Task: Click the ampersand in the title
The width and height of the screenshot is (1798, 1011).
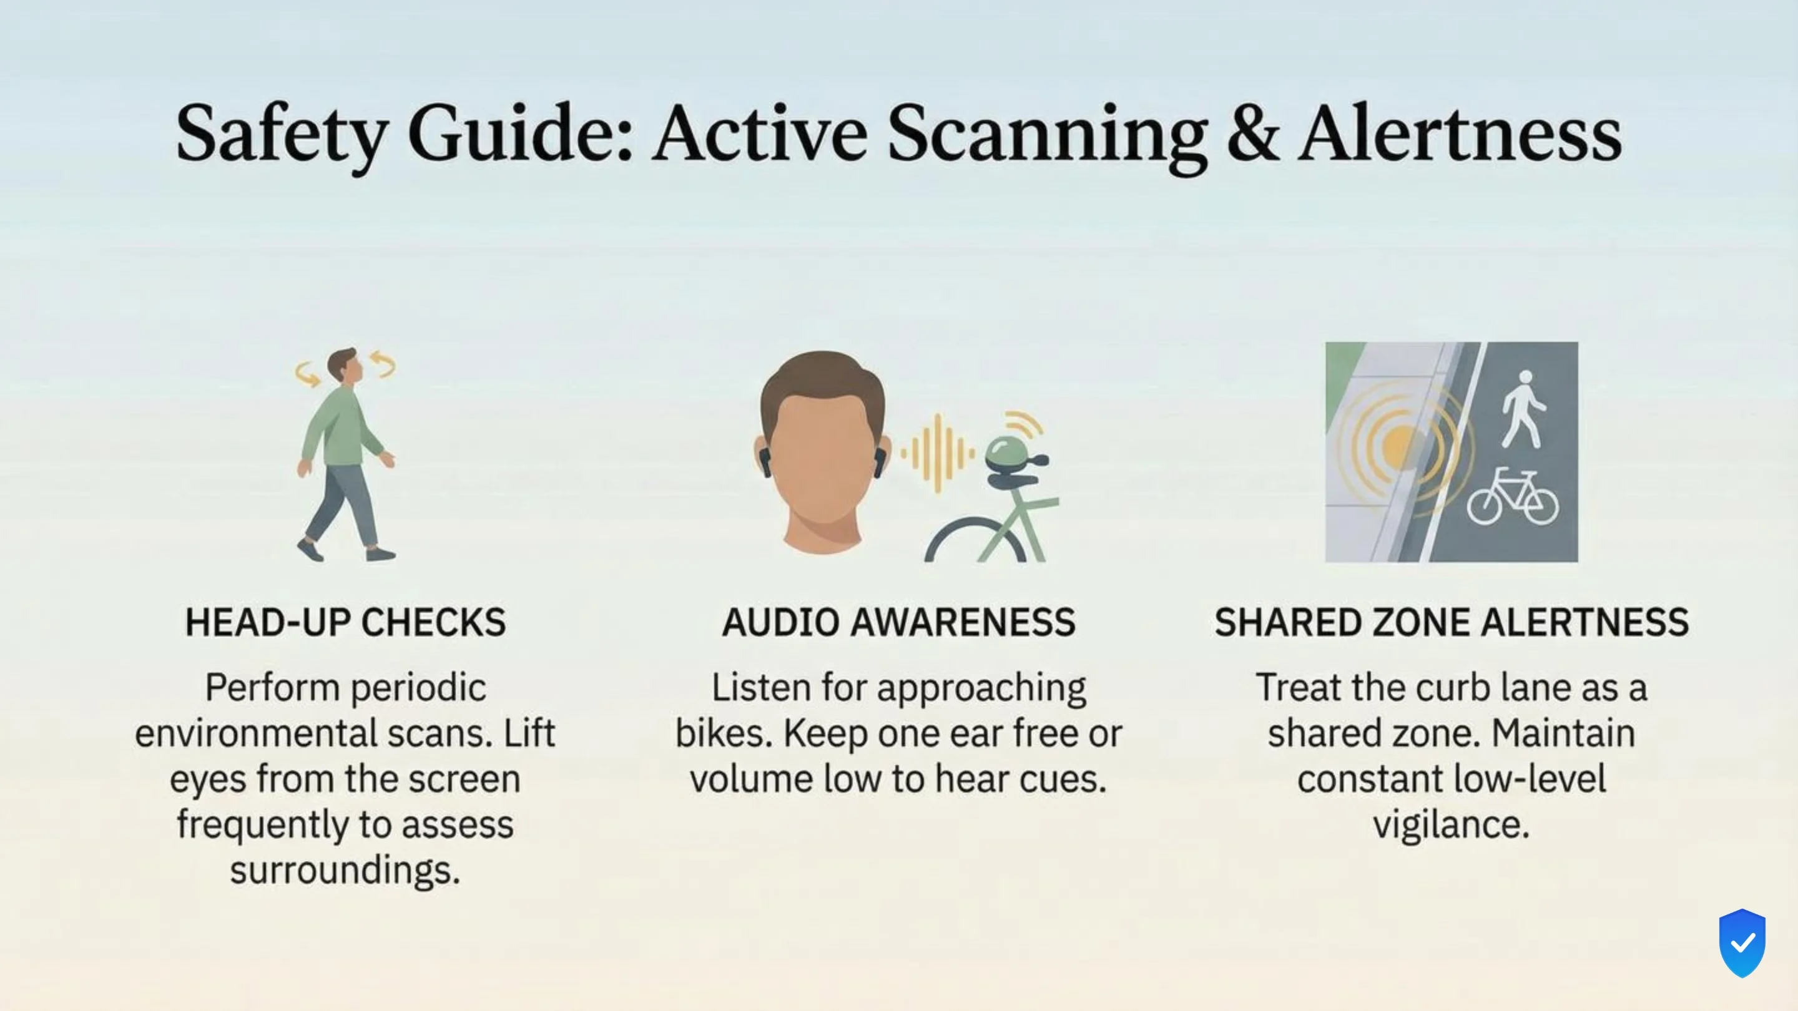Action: [x=1252, y=134]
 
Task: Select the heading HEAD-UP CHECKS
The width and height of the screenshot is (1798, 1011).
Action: [x=345, y=622]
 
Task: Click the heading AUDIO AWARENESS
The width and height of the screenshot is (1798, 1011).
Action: [x=898, y=622]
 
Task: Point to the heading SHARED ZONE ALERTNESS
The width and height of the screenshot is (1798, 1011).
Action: [x=1451, y=622]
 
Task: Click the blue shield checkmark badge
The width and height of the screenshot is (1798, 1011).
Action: [x=1742, y=944]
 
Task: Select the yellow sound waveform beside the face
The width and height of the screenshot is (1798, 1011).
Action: [x=937, y=454]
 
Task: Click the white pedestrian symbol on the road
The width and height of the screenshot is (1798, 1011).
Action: [x=1524, y=409]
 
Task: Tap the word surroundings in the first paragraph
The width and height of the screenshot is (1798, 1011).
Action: [x=345, y=870]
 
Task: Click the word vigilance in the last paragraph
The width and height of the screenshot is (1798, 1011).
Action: [x=1451, y=824]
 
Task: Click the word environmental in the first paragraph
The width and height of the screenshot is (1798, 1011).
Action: [x=256, y=734]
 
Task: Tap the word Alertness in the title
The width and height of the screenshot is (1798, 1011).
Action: [x=1460, y=134]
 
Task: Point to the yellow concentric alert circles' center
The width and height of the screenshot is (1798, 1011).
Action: [x=1398, y=447]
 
